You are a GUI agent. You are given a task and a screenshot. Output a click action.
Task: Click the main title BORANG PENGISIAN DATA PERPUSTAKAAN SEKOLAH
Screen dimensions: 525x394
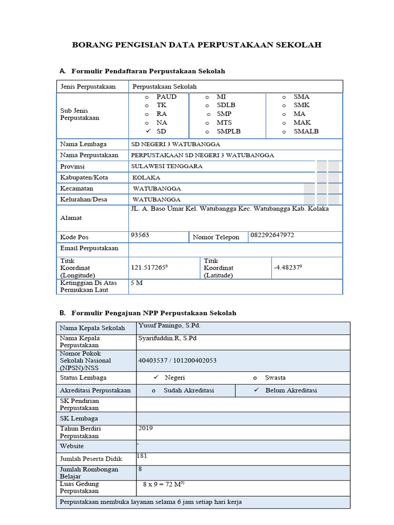(x=197, y=45)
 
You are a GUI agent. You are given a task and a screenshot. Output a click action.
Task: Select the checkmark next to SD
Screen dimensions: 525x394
(x=147, y=131)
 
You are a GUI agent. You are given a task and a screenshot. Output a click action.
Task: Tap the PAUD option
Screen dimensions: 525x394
(x=166, y=97)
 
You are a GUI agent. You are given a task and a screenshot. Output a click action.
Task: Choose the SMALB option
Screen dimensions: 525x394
(x=306, y=131)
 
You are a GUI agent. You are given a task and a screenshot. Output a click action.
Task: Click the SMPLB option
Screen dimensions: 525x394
(x=228, y=131)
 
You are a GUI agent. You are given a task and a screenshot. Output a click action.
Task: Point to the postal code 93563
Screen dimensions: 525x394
(x=140, y=235)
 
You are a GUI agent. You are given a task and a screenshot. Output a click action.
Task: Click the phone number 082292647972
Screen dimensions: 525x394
(x=272, y=235)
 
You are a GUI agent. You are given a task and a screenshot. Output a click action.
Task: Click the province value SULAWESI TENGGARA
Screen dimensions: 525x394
(x=167, y=166)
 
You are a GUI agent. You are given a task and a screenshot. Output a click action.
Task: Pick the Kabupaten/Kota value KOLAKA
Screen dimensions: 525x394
(x=146, y=177)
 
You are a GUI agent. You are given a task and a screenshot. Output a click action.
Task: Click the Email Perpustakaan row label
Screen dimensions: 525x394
(x=89, y=248)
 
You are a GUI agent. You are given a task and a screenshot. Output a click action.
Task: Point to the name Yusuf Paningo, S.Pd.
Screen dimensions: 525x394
(x=169, y=326)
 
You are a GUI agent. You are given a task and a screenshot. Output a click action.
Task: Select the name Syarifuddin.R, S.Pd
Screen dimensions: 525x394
(x=167, y=338)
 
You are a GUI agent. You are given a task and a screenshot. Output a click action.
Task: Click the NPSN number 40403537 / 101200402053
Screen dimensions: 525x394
(x=178, y=360)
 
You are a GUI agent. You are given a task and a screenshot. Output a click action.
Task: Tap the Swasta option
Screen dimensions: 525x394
(x=275, y=378)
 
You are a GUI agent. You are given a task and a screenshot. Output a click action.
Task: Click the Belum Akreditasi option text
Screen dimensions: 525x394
(x=291, y=390)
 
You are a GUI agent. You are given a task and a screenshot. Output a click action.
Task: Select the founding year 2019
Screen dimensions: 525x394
(x=146, y=428)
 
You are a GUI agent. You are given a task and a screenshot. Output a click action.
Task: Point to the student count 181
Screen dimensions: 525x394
(x=142, y=455)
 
